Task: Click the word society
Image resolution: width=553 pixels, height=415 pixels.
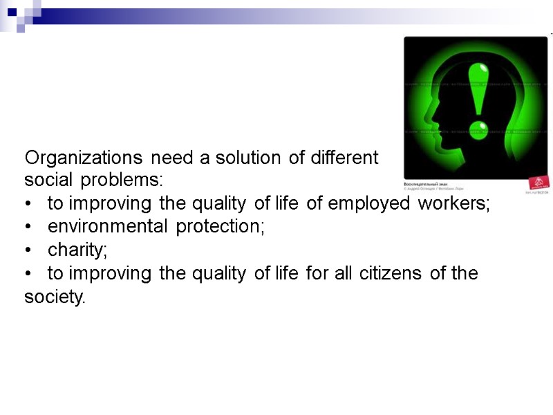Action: tap(55, 297)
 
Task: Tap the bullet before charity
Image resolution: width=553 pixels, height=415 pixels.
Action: tap(28, 250)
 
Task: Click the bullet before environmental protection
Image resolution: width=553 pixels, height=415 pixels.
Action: tap(28, 227)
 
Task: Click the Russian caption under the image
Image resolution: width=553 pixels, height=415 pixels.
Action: tap(424, 184)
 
